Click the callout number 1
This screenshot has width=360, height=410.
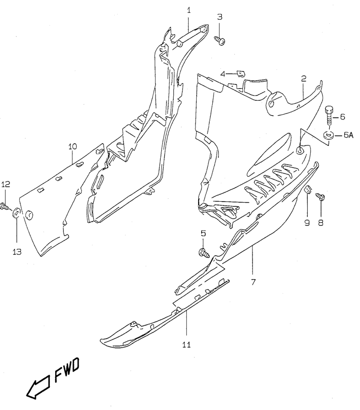(x=189, y=11)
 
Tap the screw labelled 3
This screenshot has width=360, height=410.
(x=220, y=40)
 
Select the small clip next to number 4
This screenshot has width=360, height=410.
(x=241, y=74)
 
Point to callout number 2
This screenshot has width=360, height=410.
(x=303, y=78)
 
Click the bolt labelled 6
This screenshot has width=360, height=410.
(x=329, y=116)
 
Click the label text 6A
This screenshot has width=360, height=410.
(x=348, y=135)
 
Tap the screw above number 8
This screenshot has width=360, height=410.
(x=321, y=197)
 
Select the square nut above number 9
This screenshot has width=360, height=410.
(x=308, y=190)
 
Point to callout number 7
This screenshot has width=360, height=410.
(x=253, y=282)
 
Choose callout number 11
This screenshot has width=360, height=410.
(x=186, y=345)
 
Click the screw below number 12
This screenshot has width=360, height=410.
(x=5, y=206)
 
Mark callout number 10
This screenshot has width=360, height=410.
(x=72, y=146)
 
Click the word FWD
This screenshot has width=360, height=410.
(x=67, y=370)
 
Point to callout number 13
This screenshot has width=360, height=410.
(x=17, y=252)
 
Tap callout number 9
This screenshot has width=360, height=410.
(x=307, y=223)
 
